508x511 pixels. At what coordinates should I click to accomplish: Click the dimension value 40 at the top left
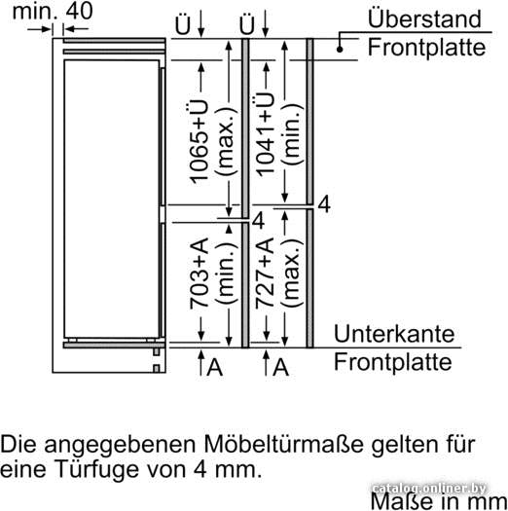coord(79,11)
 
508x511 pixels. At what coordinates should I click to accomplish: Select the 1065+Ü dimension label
coord(200,142)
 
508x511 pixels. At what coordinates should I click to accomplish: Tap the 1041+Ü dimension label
coord(265,134)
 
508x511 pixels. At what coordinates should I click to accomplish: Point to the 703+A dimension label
coord(200,274)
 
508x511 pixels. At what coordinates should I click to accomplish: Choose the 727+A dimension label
coord(265,274)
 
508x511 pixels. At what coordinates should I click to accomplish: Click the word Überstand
coord(424,18)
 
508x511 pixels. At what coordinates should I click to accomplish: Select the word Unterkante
coord(394,334)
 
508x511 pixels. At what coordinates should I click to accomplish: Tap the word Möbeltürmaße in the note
coord(284,444)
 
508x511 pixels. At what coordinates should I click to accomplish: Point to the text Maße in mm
coord(439,501)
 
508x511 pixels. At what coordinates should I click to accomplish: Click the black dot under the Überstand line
coord(340,50)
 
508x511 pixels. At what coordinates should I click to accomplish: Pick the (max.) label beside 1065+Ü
coord(226,141)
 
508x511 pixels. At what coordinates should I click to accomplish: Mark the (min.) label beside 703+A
coord(226,274)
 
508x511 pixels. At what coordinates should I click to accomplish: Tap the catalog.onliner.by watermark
coord(429,489)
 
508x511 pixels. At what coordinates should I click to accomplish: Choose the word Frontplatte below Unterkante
coord(393,362)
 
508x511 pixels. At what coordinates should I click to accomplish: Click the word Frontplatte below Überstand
coord(426,48)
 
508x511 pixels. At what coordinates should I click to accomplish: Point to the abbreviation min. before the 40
coord(35,11)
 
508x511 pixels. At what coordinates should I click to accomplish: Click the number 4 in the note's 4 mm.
coord(200,469)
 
